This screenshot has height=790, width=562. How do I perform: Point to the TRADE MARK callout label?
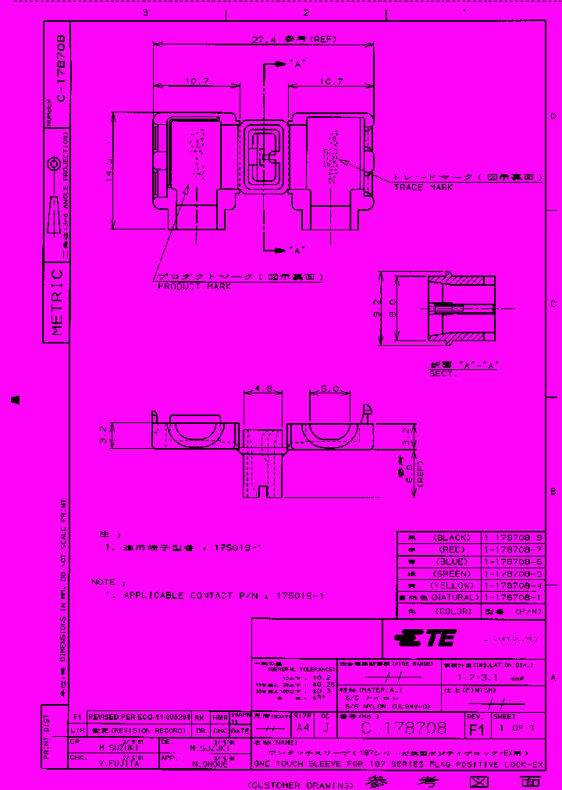click(x=424, y=187)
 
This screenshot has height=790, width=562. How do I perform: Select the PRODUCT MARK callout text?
click(x=194, y=286)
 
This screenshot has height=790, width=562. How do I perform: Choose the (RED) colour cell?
click(x=448, y=550)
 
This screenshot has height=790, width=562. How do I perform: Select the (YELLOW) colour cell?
click(x=448, y=585)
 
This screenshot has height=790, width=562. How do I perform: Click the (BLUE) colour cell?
click(x=448, y=561)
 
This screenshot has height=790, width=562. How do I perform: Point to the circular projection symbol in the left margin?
click(x=54, y=165)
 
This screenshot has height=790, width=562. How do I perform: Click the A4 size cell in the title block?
click(x=304, y=728)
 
